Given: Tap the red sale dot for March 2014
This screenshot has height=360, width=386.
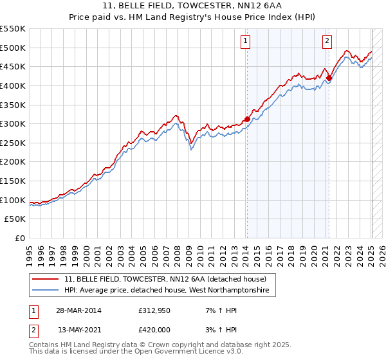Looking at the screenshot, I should pos(247,119).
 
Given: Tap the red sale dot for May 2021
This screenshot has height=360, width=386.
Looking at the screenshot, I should pos(329,78).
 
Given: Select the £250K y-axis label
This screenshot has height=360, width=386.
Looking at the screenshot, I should pos(14,143).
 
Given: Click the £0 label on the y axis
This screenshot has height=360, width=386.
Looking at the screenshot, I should pos(20,238).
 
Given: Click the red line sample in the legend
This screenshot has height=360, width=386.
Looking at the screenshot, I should pos(46,279).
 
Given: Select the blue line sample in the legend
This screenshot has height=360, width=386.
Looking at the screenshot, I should pos(46,291).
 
